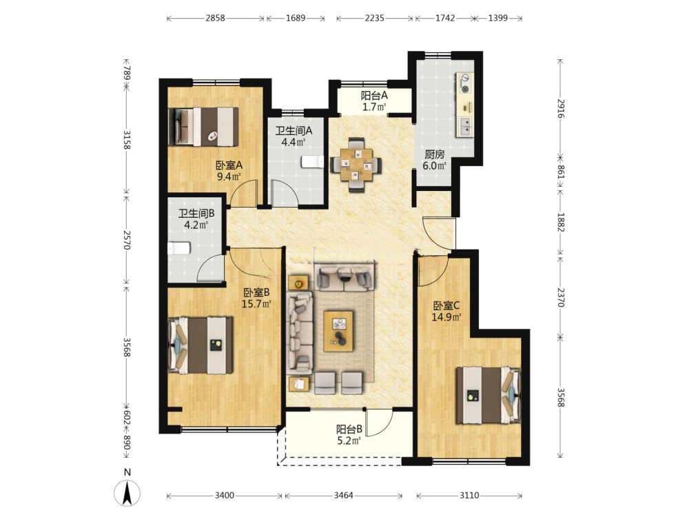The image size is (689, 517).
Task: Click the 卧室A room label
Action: tap(229, 165)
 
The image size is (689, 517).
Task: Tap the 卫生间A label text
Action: tap(294, 130)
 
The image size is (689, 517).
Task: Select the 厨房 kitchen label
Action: tap(434, 154)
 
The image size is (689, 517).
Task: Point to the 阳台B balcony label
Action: tap(349, 429)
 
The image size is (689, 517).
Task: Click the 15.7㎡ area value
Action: tap(256, 304)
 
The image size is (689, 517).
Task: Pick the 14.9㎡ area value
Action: tap(446, 317)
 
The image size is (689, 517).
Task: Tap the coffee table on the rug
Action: tap(338, 331)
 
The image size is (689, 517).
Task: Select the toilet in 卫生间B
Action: tap(179, 248)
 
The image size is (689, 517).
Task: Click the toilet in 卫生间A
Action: tap(312, 162)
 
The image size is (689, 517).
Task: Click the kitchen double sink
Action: tap(465, 126)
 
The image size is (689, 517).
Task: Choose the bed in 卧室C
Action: tap(489, 395)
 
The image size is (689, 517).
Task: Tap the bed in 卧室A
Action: tap(203, 127)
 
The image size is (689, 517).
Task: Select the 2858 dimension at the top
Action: tap(215, 18)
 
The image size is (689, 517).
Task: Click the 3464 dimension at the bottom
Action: tap(344, 496)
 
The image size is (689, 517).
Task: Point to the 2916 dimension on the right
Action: tap(561, 108)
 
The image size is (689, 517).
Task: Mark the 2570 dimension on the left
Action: tap(127, 240)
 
